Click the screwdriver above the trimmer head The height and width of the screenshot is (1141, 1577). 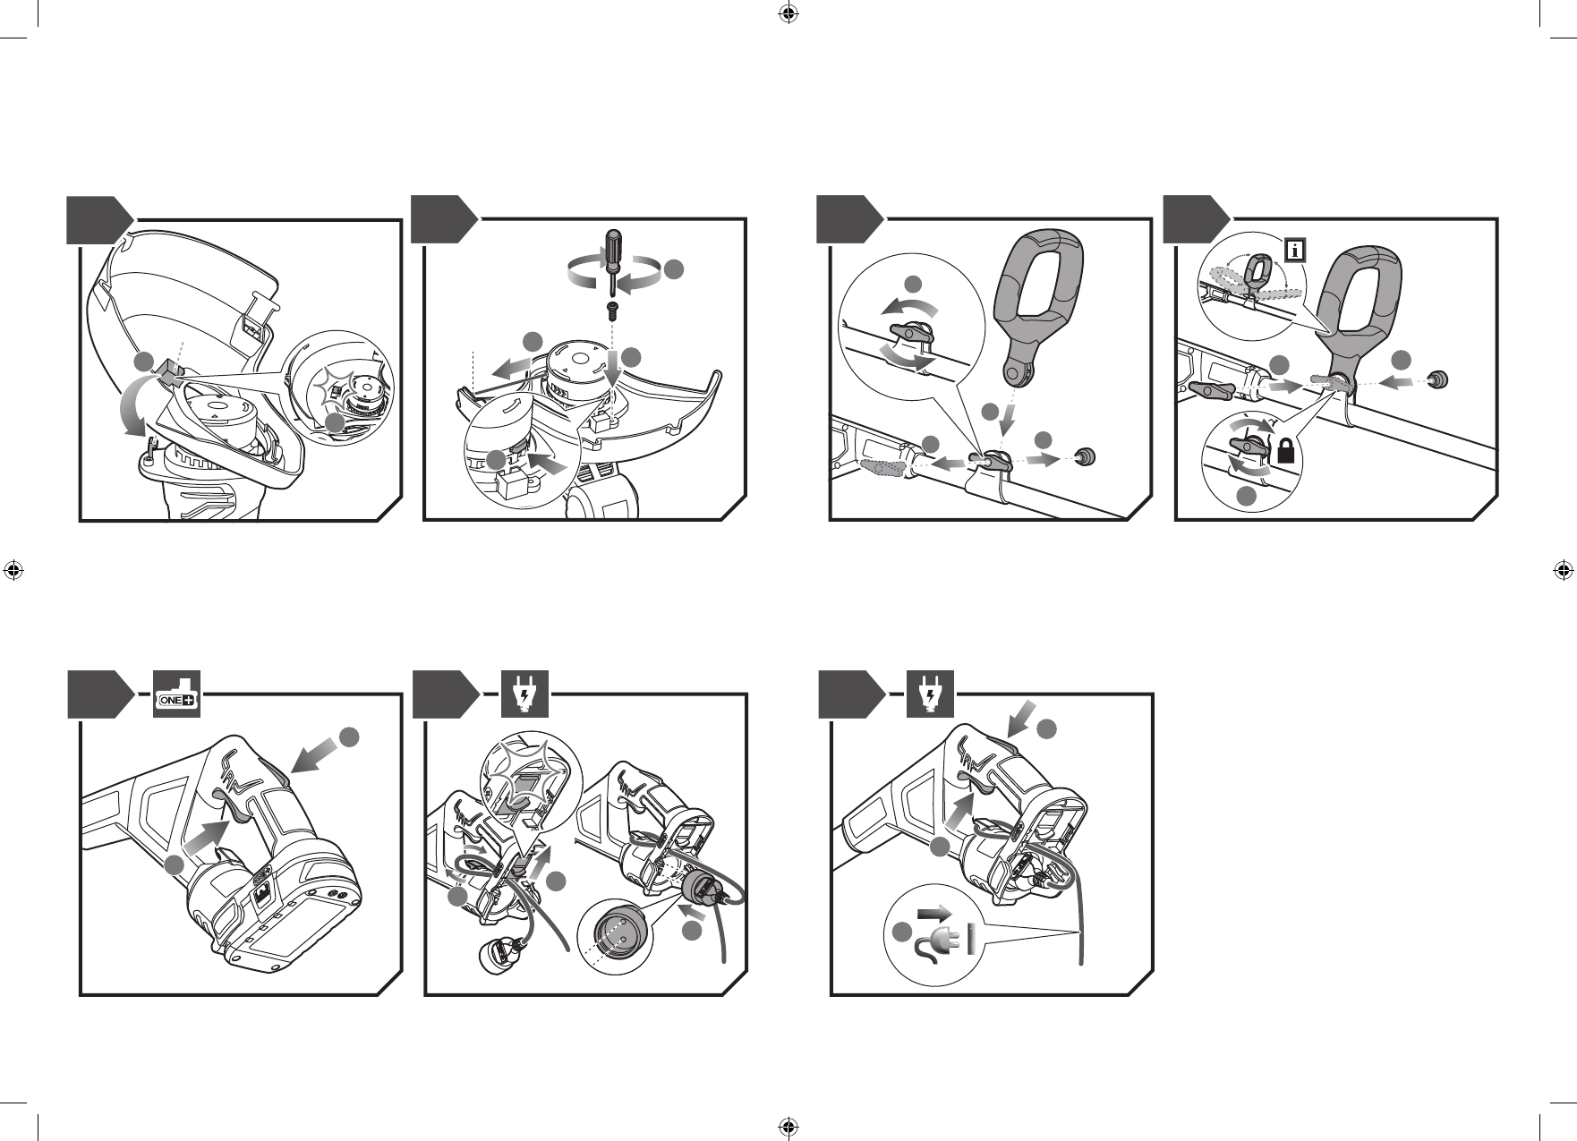[x=613, y=259]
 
